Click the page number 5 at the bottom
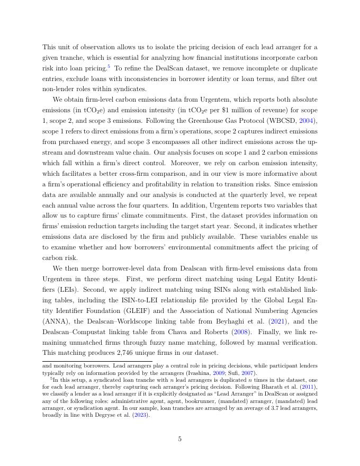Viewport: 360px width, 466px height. click(180, 439)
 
